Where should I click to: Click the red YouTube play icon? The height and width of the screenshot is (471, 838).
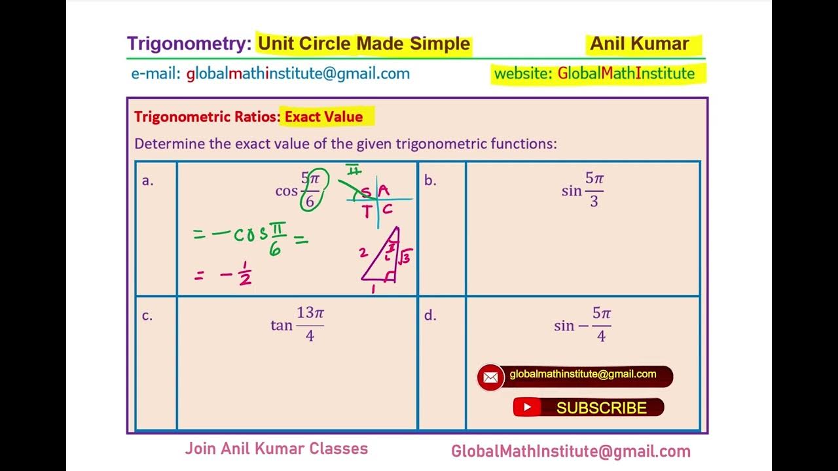click(x=526, y=408)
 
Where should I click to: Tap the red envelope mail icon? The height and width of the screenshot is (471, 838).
click(x=490, y=377)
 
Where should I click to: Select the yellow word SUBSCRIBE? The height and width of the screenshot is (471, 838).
click(x=601, y=408)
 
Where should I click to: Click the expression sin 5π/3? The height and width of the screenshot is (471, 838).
click(x=583, y=190)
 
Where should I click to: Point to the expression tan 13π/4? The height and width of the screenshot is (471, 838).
click(x=297, y=324)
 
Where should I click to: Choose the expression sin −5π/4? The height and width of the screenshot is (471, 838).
click(x=583, y=325)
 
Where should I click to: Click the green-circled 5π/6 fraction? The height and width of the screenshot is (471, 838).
click(x=310, y=190)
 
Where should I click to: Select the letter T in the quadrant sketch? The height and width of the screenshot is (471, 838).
click(x=367, y=210)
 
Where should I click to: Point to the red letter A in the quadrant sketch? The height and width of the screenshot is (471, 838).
click(x=384, y=190)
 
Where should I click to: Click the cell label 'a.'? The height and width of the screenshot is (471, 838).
click(x=148, y=181)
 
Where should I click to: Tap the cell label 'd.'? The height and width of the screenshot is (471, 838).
click(x=429, y=315)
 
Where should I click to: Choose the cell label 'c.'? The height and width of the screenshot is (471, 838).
click(x=147, y=315)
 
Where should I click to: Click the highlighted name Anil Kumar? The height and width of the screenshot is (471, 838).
click(x=639, y=44)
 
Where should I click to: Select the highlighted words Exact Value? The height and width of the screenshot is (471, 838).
click(x=323, y=117)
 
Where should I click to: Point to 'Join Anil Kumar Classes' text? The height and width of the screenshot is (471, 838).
click(x=276, y=449)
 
